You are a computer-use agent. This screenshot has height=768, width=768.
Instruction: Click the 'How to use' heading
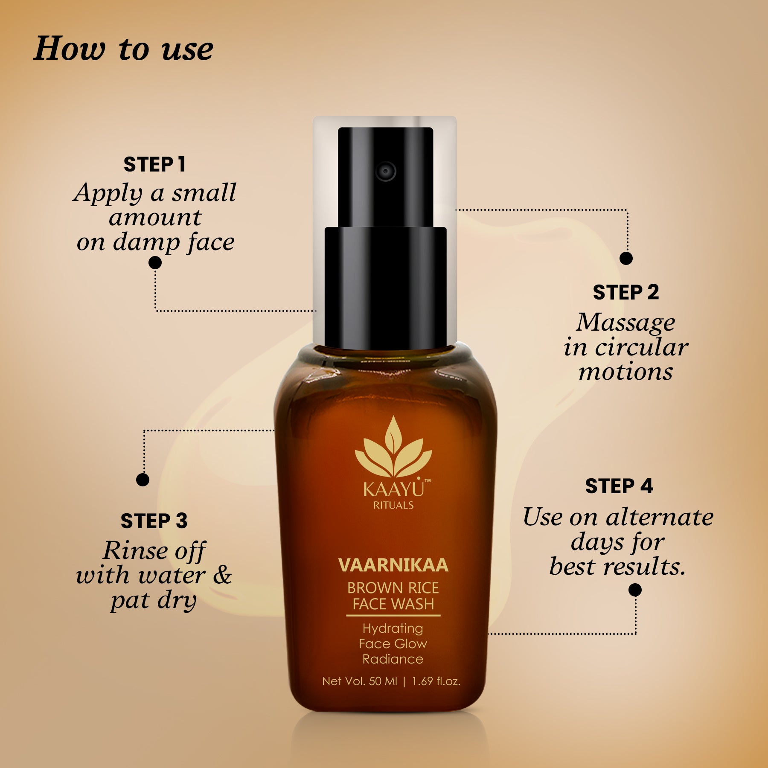(123, 49)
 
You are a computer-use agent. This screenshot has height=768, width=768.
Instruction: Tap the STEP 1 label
(154, 165)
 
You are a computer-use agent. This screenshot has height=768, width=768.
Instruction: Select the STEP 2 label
(625, 293)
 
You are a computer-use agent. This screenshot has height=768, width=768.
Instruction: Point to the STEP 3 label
(154, 521)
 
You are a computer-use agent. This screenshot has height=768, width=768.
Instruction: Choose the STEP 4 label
(619, 486)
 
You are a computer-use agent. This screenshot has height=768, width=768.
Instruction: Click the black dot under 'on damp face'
(155, 262)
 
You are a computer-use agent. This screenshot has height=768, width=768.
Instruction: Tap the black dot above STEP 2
(626, 258)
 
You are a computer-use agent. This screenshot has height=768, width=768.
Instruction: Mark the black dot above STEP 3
(143, 480)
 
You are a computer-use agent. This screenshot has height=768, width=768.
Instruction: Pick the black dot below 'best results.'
(635, 590)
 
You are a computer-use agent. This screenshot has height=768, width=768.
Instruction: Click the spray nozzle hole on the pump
(385, 172)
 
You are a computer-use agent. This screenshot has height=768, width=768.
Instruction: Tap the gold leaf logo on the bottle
(393, 448)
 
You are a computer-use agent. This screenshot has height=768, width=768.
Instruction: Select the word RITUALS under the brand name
(393, 506)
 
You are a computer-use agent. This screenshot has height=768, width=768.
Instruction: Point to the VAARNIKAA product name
(393, 565)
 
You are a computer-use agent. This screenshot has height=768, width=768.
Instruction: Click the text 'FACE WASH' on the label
(393, 604)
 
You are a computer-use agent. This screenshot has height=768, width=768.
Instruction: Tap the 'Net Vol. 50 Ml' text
(359, 681)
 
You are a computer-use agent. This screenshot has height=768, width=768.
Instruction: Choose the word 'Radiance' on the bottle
(393, 659)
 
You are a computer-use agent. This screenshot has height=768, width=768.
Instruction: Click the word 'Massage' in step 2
(625, 323)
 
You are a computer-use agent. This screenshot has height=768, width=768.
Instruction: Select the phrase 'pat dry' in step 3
(154, 601)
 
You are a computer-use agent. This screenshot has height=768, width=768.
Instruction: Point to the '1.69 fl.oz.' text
(436, 681)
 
